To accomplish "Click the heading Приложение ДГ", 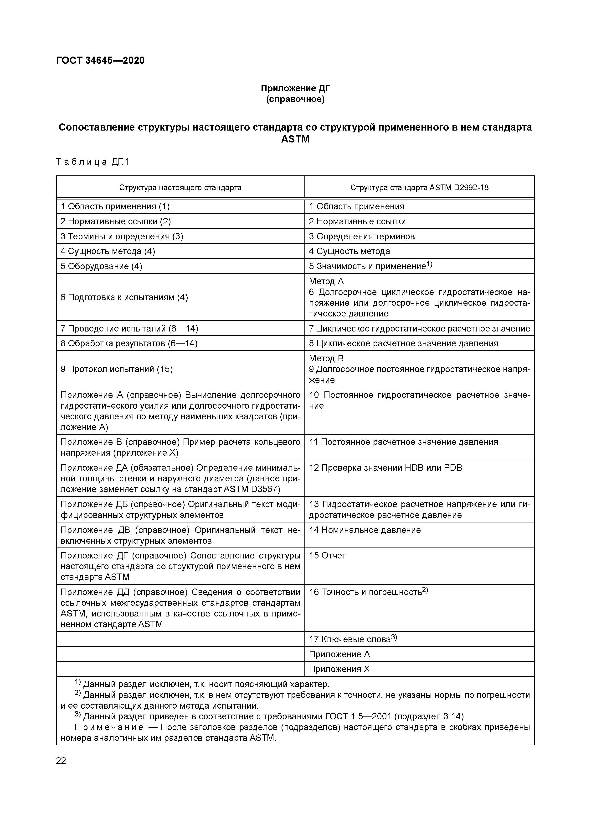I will tap(295, 88).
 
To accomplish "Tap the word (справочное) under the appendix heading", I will tap(295, 99).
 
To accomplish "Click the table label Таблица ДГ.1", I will tap(93, 162).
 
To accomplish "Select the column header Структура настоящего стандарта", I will tap(180, 188).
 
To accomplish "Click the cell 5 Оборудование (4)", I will tap(101, 266).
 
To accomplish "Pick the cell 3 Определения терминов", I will tap(362, 236).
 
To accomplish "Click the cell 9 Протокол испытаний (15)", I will tap(117, 369).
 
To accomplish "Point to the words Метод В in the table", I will tap(326, 358).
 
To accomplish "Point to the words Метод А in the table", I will tap(326, 281).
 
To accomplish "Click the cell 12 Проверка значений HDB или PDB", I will tap(385, 468).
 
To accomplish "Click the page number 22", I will tap(61, 761).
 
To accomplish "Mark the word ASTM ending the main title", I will tap(295, 139).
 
